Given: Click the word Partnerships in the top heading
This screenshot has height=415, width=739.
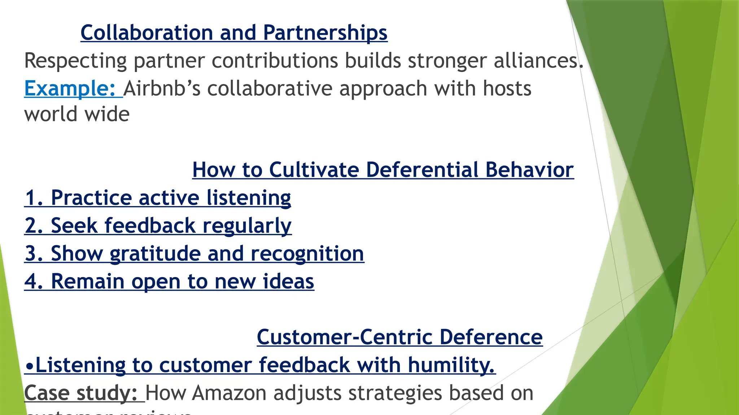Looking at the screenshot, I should pyautogui.click(x=325, y=33).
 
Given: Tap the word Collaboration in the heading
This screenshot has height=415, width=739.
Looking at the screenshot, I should pyautogui.click(x=147, y=33).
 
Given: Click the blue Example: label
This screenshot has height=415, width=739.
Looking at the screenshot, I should pyautogui.click(x=70, y=88).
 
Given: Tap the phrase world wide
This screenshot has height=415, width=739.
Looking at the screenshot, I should pyautogui.click(x=77, y=115).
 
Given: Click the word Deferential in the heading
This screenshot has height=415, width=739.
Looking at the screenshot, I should pyautogui.click(x=422, y=170).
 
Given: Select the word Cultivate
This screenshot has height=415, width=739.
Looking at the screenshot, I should pyautogui.click(x=314, y=170).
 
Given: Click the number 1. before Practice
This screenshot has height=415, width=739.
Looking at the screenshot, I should pyautogui.click(x=34, y=198).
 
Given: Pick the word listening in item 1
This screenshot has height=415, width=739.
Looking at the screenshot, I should pyautogui.click(x=249, y=198).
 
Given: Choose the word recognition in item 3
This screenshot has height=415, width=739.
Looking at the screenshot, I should pyautogui.click(x=307, y=254).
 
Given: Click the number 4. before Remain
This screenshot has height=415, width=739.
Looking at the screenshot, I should pyautogui.click(x=34, y=281).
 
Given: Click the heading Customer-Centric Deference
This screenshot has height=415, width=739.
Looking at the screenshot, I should pyautogui.click(x=399, y=337).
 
